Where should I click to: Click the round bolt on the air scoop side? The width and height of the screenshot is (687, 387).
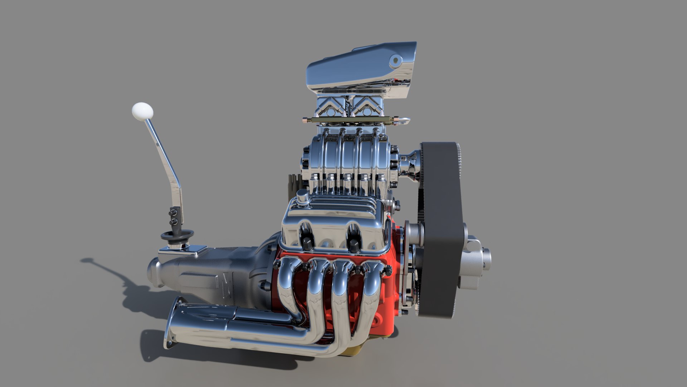[x=395, y=61]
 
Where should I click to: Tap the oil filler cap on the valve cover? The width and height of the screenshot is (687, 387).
[x=303, y=197]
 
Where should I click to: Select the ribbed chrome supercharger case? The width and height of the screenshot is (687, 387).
[x=343, y=158]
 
